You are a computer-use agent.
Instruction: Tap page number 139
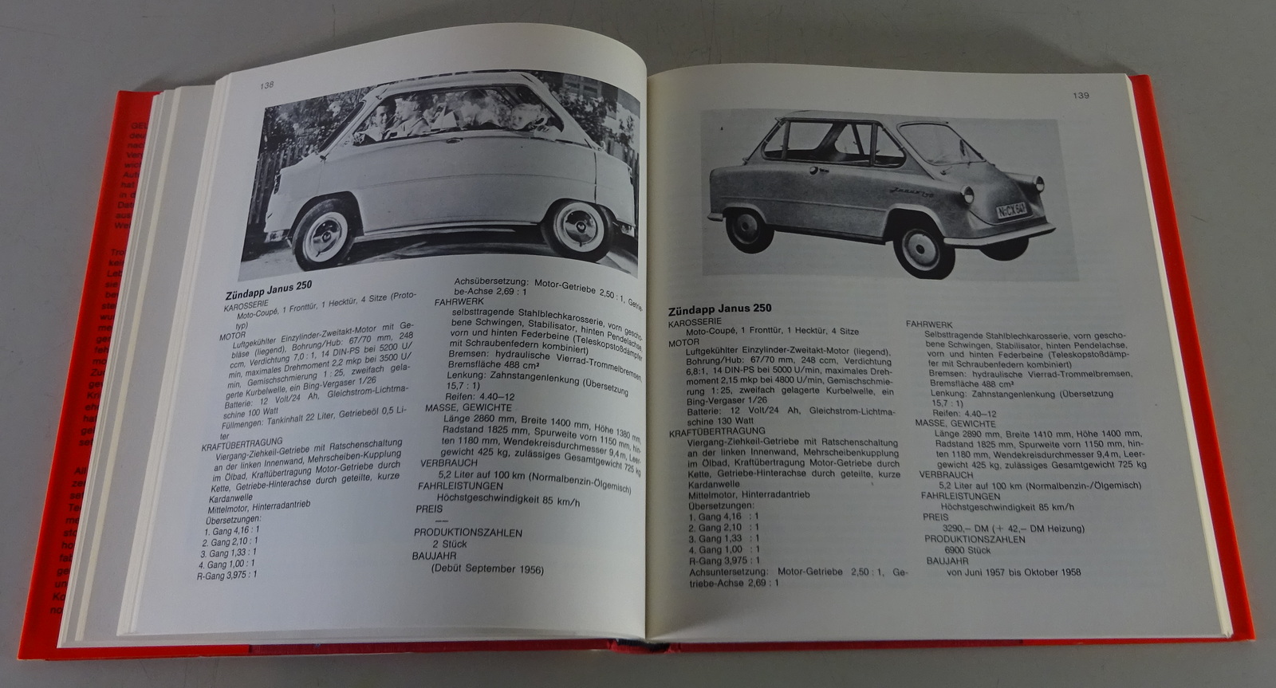[1081, 96]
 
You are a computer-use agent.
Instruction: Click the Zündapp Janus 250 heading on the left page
[268, 286]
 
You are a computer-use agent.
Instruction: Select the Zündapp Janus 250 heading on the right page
[719, 309]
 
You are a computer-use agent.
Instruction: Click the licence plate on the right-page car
[1012, 210]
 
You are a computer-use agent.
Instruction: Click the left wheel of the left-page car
[322, 234]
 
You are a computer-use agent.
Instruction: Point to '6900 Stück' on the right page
[967, 550]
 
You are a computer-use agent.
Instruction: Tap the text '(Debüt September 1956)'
[486, 569]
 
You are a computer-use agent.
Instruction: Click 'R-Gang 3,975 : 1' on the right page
[725, 560]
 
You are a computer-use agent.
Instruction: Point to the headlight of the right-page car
[969, 194]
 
